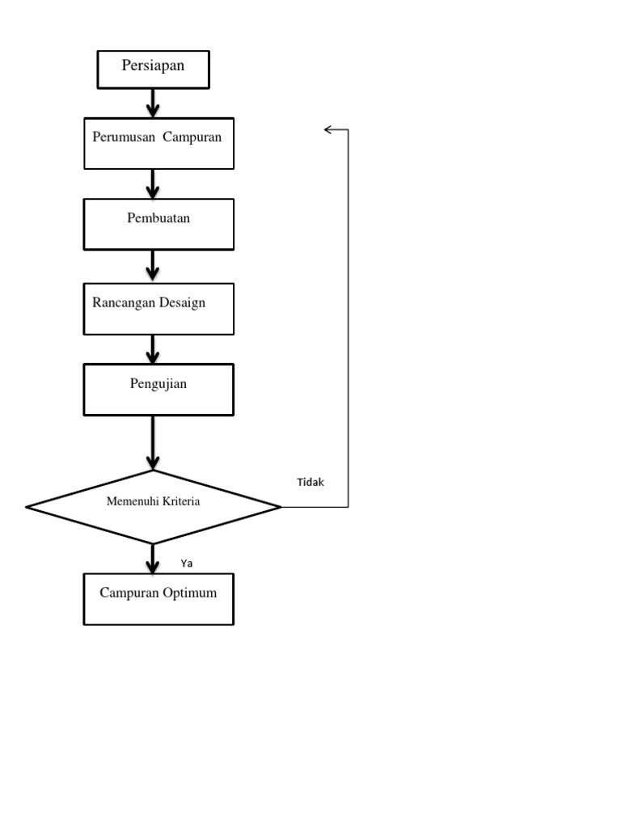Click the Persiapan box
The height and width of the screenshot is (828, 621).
coord(154,70)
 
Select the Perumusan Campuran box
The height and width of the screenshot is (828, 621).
coord(159,143)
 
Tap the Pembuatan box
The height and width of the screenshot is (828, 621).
coord(159,224)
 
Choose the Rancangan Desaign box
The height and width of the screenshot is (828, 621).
coord(159,308)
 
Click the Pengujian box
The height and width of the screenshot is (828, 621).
coord(159,389)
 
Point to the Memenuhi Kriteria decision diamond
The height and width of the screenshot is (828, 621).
coord(154,507)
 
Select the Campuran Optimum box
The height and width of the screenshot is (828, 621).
coord(159,599)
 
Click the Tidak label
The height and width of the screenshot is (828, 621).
coord(310,482)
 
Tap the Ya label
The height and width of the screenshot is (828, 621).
coord(187,563)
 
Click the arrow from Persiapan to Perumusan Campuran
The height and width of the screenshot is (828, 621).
coord(153,103)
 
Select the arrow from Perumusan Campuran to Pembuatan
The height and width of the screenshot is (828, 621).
coord(153,184)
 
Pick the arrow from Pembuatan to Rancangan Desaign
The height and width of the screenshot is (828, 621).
coord(153,266)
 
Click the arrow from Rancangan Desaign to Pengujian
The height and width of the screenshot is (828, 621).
coord(153,349)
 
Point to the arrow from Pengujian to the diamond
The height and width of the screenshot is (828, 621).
coord(153,443)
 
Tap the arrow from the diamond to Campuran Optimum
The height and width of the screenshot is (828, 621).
coord(153,559)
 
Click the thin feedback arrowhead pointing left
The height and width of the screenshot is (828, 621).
coord(329,129)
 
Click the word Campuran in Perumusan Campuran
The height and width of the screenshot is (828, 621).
coord(192,137)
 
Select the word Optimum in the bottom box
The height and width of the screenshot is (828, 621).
coord(189,593)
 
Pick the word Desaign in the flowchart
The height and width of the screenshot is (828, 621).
coord(181,302)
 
